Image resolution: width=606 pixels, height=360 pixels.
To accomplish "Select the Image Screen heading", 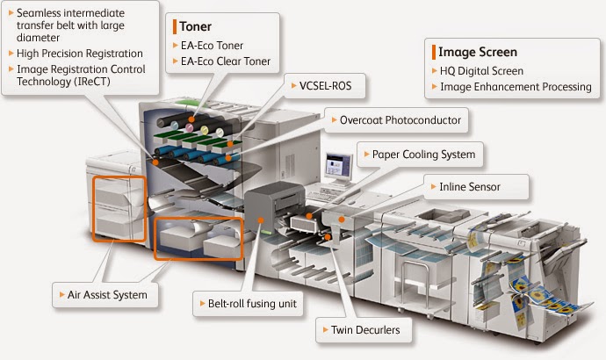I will coord(472,51).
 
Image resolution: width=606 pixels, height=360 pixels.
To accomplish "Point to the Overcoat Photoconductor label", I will coord(400,119).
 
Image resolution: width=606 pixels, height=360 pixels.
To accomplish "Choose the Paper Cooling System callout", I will coord(423,155).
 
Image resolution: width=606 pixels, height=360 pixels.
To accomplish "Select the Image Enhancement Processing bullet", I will coord(510,87).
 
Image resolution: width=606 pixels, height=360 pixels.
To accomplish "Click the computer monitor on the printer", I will coord(337,166).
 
